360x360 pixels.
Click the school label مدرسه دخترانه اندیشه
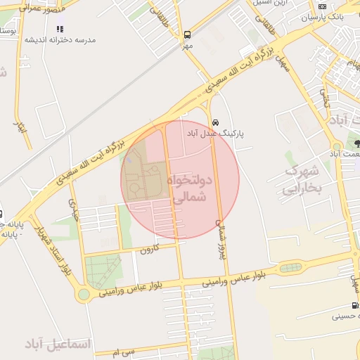pos(60,40)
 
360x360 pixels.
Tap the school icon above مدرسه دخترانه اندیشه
pos(60,30)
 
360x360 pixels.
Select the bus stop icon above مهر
pos(187,34)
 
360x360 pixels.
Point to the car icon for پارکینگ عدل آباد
pos(215,121)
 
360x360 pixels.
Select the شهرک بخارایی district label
pos(302,180)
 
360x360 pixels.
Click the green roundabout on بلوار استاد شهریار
pos(84,293)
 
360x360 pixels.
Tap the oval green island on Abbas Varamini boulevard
pos(289,267)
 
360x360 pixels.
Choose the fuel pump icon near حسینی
pos(356,306)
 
